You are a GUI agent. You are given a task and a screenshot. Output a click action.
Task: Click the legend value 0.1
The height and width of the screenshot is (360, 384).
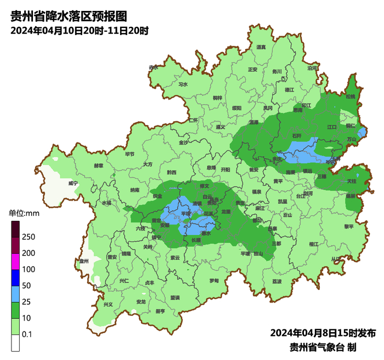point(27,334)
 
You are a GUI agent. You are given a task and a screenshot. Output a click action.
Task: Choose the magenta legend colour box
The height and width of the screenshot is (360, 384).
point(15,261)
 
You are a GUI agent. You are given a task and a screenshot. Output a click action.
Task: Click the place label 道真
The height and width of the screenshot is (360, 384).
point(261,47)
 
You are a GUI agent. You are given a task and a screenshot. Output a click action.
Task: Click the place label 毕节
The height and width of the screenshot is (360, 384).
point(130,155)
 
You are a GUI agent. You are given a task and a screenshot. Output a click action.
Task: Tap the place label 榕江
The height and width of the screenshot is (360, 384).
point(314,244)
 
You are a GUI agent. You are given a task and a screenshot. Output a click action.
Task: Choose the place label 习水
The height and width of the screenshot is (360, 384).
point(183,84)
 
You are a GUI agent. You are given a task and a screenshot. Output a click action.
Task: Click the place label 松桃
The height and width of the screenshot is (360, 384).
point(351,96)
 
